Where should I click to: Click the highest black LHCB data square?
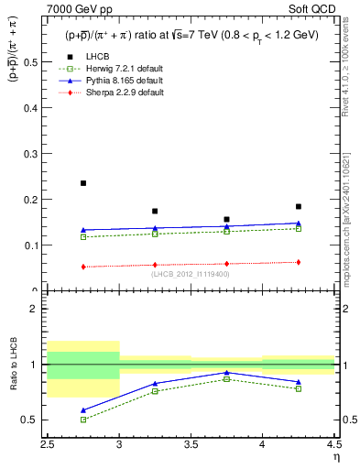(x=83, y=183)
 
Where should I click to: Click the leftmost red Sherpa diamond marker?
(x=83, y=267)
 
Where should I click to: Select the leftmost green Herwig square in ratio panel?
(x=83, y=420)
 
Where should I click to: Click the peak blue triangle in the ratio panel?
(x=226, y=373)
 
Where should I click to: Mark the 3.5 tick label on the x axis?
(x=191, y=445)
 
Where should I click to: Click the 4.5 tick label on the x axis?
(x=334, y=445)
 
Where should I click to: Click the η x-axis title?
(x=335, y=457)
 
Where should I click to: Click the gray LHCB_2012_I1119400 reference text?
(x=191, y=274)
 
